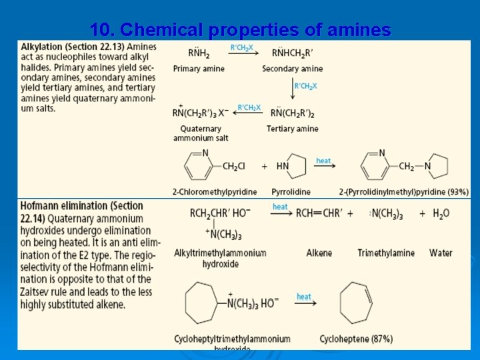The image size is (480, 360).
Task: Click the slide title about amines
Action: pyautogui.click(x=240, y=30)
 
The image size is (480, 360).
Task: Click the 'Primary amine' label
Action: pyautogui.click(x=199, y=69)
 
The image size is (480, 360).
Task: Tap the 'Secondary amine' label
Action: pyautogui.click(x=292, y=69)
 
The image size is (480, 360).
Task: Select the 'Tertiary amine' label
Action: pyautogui.click(x=292, y=129)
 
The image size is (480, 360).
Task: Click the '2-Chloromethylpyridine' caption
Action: pyautogui.click(x=214, y=192)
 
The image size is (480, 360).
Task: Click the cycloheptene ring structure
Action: pyautogui.click(x=356, y=303)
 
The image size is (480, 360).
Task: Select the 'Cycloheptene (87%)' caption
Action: pyautogui.click(x=356, y=339)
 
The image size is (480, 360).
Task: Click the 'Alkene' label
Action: pyautogui.click(x=319, y=253)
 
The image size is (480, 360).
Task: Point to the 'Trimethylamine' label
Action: pyautogui.click(x=386, y=253)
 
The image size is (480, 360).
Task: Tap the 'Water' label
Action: pyautogui.click(x=441, y=253)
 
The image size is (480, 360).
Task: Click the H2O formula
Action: pyautogui.click(x=441, y=213)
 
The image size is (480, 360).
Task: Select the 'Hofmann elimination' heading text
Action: pyautogui.click(x=63, y=206)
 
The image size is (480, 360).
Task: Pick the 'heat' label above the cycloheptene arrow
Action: pyautogui.click(x=304, y=297)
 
